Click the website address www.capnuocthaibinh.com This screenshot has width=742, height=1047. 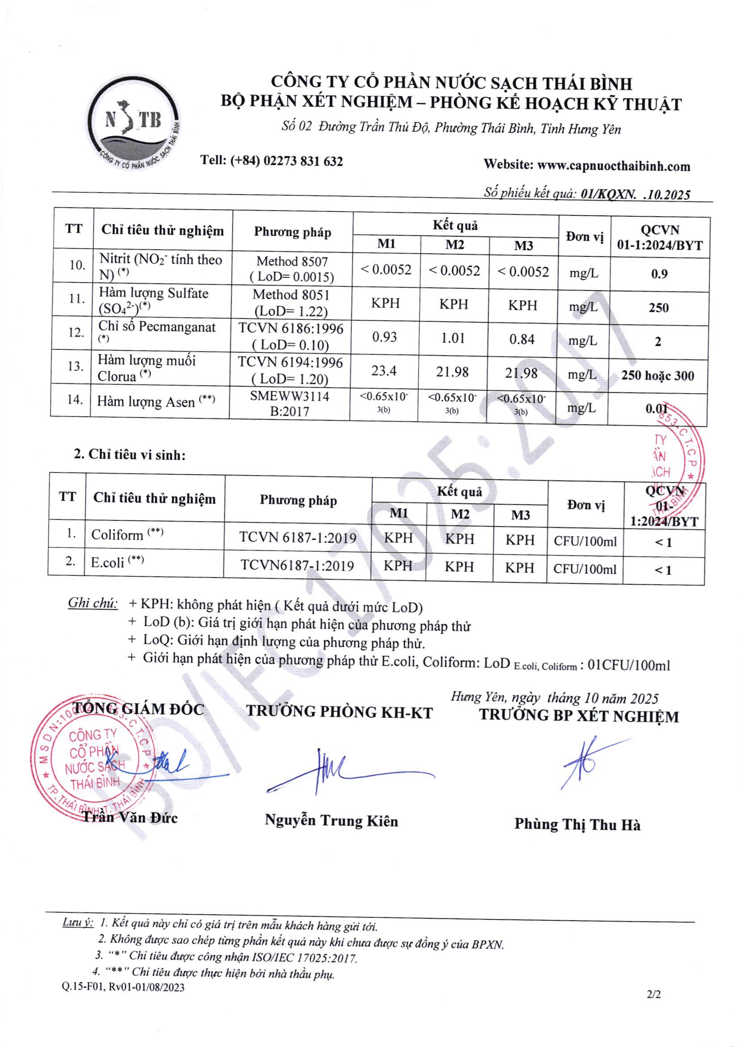pos(614,166)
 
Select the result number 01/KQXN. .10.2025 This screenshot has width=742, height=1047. pos(635,195)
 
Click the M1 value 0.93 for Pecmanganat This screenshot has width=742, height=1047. pos(384,337)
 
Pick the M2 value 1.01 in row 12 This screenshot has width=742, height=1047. pos(453,338)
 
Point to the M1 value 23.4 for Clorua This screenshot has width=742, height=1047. pos(384,371)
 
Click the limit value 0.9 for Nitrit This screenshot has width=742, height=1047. pos(659,274)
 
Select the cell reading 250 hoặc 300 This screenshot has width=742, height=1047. pos(658,376)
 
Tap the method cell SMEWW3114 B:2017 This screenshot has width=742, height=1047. pos(290,404)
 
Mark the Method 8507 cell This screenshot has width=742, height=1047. pos(292,269)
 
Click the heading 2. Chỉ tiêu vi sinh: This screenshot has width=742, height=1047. pos(130,455)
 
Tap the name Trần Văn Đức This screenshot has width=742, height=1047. pos(129,818)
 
